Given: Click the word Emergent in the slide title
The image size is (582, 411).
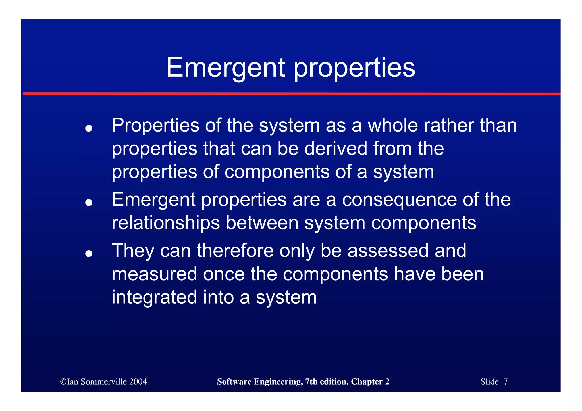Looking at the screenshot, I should (226, 68).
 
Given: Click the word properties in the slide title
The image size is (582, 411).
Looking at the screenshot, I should (354, 68).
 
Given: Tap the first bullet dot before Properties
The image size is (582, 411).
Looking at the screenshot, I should (89, 128).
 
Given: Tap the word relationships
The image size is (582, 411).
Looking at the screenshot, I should (166, 223).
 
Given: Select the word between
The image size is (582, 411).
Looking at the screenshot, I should (262, 223).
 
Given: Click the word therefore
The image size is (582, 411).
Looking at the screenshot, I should (235, 251).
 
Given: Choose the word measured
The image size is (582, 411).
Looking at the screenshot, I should (154, 274).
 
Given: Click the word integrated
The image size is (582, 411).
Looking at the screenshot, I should (154, 297).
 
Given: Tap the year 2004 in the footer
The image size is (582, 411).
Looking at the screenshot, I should (138, 381).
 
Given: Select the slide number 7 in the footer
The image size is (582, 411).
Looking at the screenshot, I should (505, 381).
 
